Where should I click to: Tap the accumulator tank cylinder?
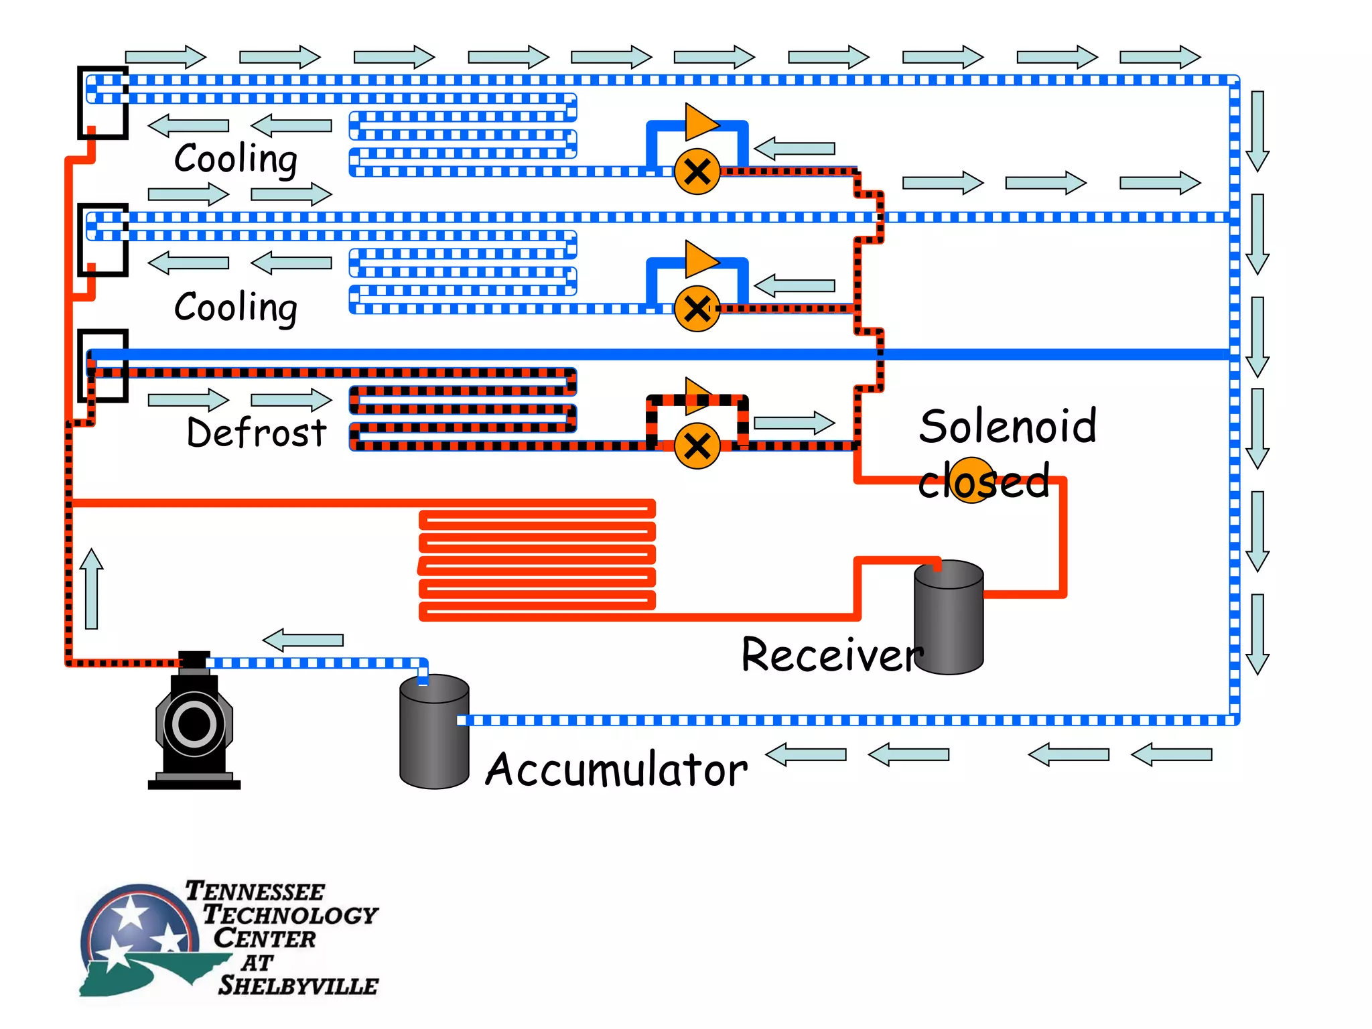pyautogui.click(x=434, y=734)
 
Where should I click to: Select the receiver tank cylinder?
pyautogui.click(x=949, y=620)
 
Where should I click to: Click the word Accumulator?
pyautogui.click(x=616, y=770)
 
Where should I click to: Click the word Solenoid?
pyautogui.click(x=1008, y=427)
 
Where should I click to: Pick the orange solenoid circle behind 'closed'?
pyautogui.click(x=973, y=480)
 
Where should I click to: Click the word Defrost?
pyautogui.click(x=257, y=433)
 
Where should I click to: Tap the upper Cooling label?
pyautogui.click(x=236, y=159)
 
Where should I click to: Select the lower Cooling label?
pyautogui.click(x=236, y=308)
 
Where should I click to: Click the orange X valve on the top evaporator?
pyautogui.click(x=697, y=172)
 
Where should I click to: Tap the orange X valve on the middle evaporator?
pyautogui.click(x=697, y=309)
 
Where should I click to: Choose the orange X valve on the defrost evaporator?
pyautogui.click(x=697, y=446)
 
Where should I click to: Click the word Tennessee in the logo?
pyautogui.click(x=255, y=892)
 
